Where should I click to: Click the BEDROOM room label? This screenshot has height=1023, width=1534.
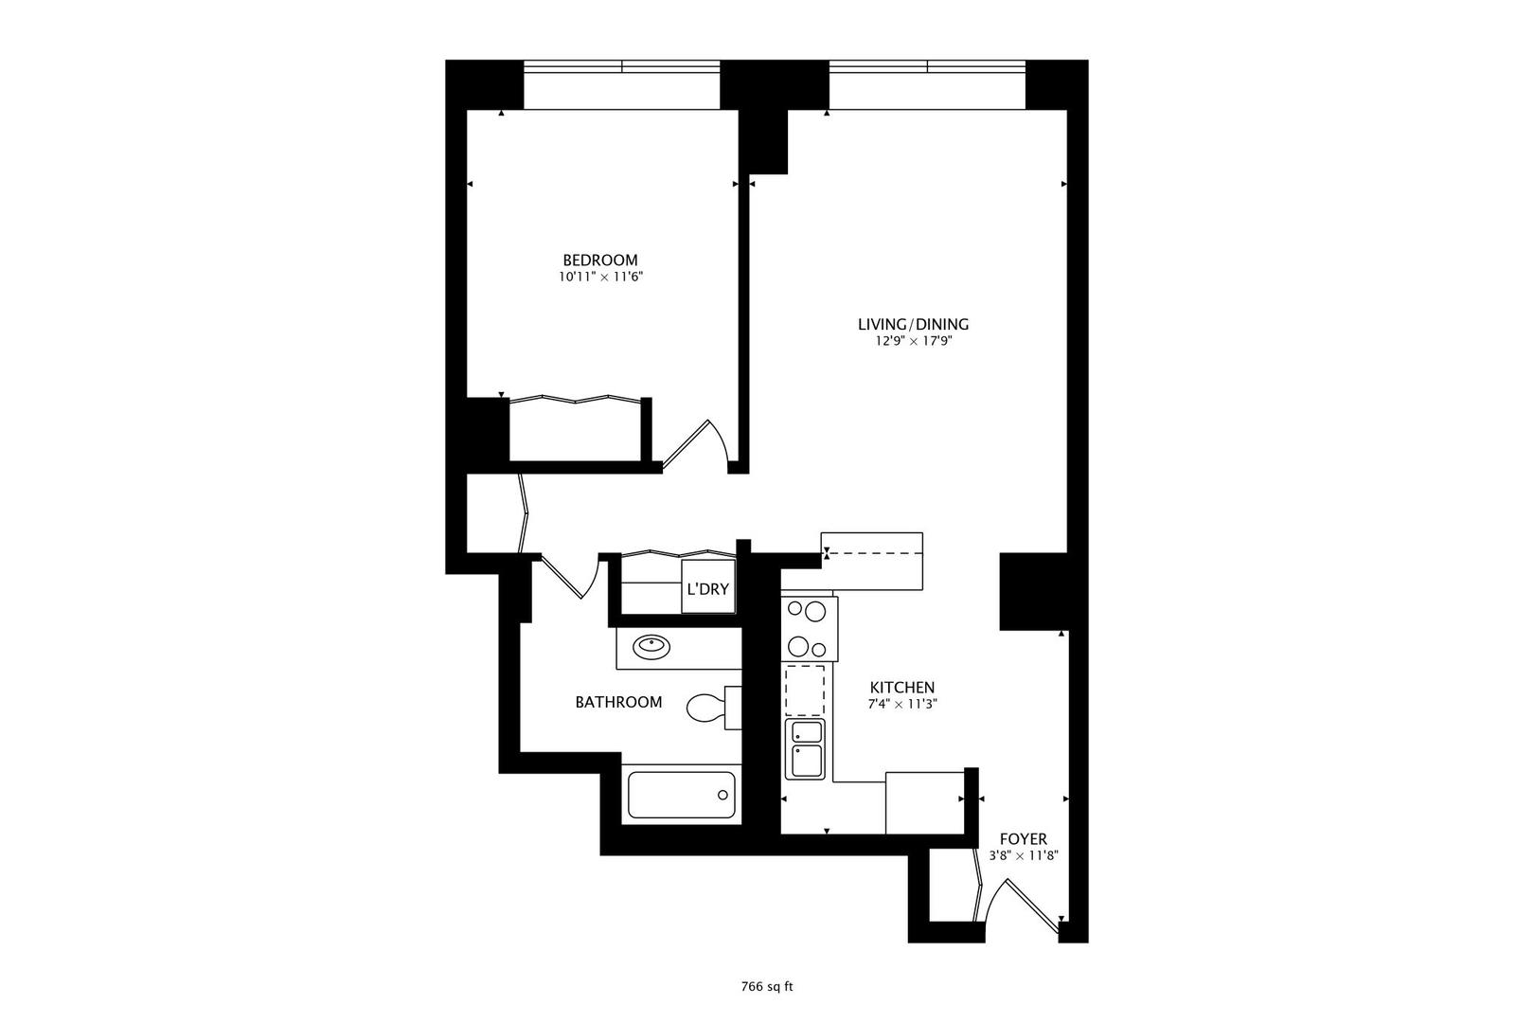point(599,260)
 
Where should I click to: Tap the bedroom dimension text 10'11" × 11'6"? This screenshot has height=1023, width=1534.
point(600,278)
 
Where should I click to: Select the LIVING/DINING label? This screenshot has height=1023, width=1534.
point(913,324)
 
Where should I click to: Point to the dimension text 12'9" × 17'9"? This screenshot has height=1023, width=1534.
point(913,342)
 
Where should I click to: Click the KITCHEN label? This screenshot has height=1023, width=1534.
point(902,688)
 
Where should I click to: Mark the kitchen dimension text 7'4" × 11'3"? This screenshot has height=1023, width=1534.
point(902,705)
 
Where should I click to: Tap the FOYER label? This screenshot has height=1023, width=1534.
point(1023,839)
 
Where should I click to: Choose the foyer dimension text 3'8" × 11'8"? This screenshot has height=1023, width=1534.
point(1023,855)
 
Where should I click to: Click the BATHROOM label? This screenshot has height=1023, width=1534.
point(618,702)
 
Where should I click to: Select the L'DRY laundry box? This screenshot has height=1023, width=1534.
point(708,588)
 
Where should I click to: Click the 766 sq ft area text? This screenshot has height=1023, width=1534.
point(766,986)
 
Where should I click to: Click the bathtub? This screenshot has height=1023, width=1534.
point(682,796)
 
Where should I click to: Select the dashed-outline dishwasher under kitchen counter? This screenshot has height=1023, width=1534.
point(805,690)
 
